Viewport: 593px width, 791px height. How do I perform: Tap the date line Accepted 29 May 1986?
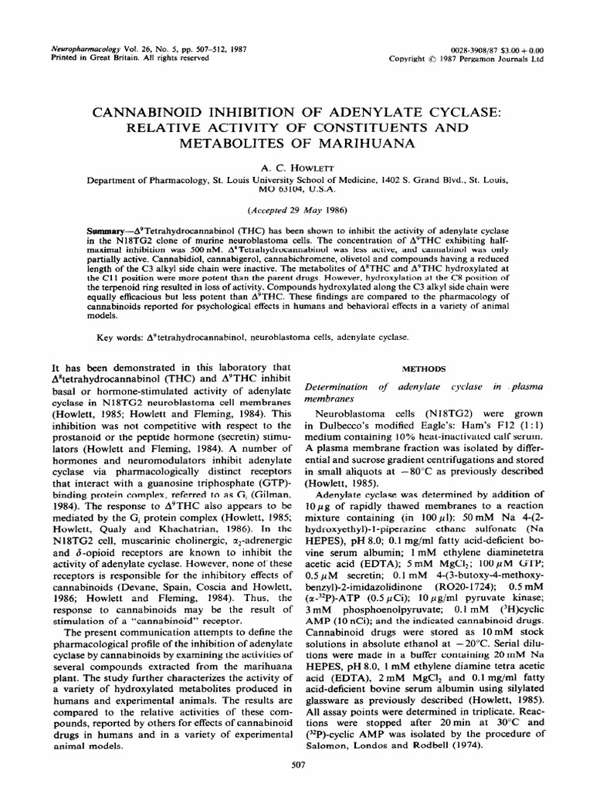[x=296, y=210]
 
